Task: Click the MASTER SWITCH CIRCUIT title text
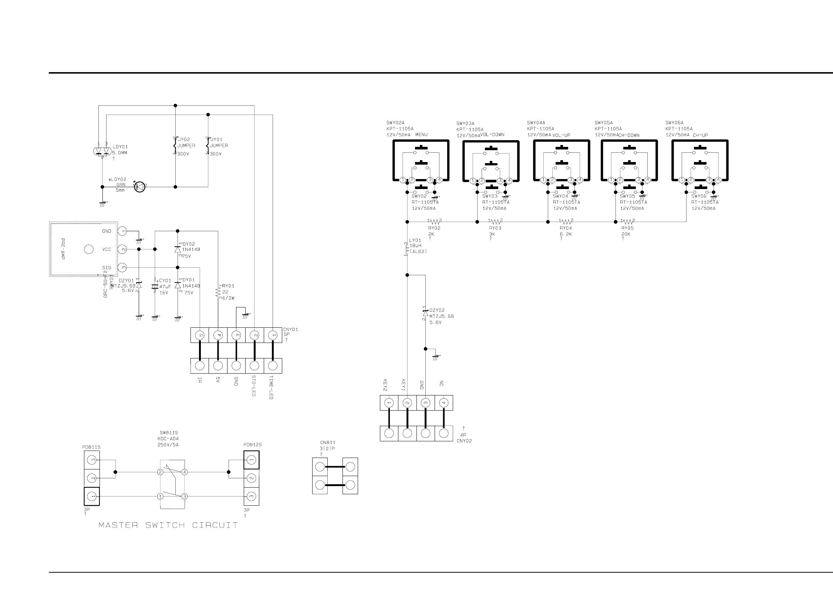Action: pos(168,525)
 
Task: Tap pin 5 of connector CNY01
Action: pos(200,335)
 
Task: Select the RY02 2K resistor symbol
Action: pos(435,222)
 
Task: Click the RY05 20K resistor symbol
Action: pos(628,222)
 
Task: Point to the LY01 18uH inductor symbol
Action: pos(407,249)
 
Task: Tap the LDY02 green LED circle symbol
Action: pos(140,187)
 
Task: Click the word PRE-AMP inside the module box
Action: pos(62,249)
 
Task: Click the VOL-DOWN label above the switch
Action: pos(492,135)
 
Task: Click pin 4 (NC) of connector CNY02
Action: pos(444,403)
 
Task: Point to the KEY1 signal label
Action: pos(403,385)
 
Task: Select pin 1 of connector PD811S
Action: pos(92,496)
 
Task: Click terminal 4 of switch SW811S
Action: pos(184,472)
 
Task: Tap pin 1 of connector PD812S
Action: pos(252,460)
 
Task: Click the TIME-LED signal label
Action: pos(271,387)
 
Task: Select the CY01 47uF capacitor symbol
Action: pos(155,287)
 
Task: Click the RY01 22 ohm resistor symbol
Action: pos(218,292)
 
